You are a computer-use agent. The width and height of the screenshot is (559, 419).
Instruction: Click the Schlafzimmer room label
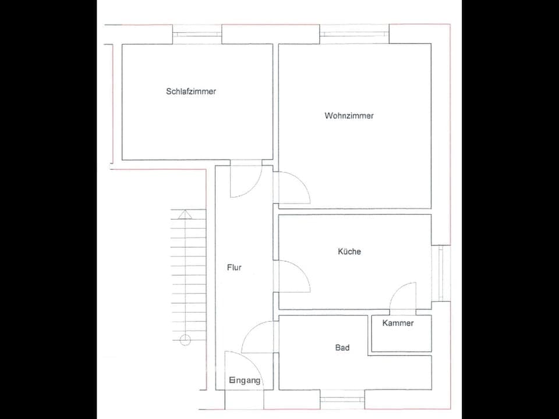[x=191, y=91]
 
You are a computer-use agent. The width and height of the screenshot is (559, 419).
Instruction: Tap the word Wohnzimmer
[x=349, y=116]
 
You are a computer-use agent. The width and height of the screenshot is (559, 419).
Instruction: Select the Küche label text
[x=349, y=251]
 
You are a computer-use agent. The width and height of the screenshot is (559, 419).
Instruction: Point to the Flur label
[x=234, y=268]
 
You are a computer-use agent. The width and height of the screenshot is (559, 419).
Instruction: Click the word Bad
[x=342, y=347]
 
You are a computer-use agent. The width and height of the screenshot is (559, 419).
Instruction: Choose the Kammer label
[x=398, y=323]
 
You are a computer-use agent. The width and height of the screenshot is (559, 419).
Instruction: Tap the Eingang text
[x=245, y=381]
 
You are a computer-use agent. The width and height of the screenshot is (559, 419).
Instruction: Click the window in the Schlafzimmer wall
[x=197, y=34]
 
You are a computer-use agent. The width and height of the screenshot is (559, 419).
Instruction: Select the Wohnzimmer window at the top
[x=354, y=34]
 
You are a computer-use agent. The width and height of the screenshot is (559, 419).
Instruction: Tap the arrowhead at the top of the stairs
[x=185, y=214]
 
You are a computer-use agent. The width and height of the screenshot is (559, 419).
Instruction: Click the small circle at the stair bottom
[x=185, y=340]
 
